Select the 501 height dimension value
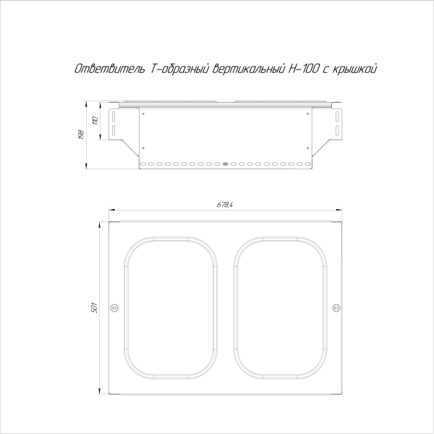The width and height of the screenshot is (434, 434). [x=94, y=308]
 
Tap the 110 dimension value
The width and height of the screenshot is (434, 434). [x=94, y=119]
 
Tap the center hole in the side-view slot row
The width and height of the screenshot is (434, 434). [x=225, y=164]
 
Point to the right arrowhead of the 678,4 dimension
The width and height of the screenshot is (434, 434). [x=339, y=211]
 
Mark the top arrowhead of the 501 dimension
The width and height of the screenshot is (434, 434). [x=100, y=222]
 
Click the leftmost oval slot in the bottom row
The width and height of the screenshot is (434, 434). [x=142, y=164]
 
